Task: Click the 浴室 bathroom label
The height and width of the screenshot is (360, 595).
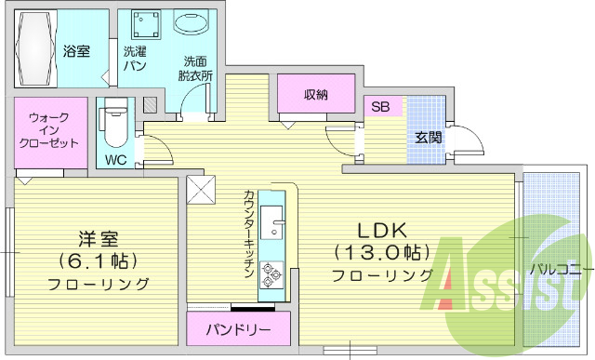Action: tap(77, 51)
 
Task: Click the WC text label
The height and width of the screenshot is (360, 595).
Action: tap(115, 159)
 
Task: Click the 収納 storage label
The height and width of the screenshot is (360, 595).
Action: tap(315, 95)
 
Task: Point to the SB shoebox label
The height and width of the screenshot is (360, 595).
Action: tap(380, 106)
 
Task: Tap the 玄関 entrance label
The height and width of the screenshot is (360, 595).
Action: tap(428, 138)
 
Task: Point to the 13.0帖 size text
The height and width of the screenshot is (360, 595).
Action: tap(381, 252)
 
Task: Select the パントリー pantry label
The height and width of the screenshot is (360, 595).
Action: tap(238, 330)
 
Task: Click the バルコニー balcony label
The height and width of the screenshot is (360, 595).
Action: tap(557, 271)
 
